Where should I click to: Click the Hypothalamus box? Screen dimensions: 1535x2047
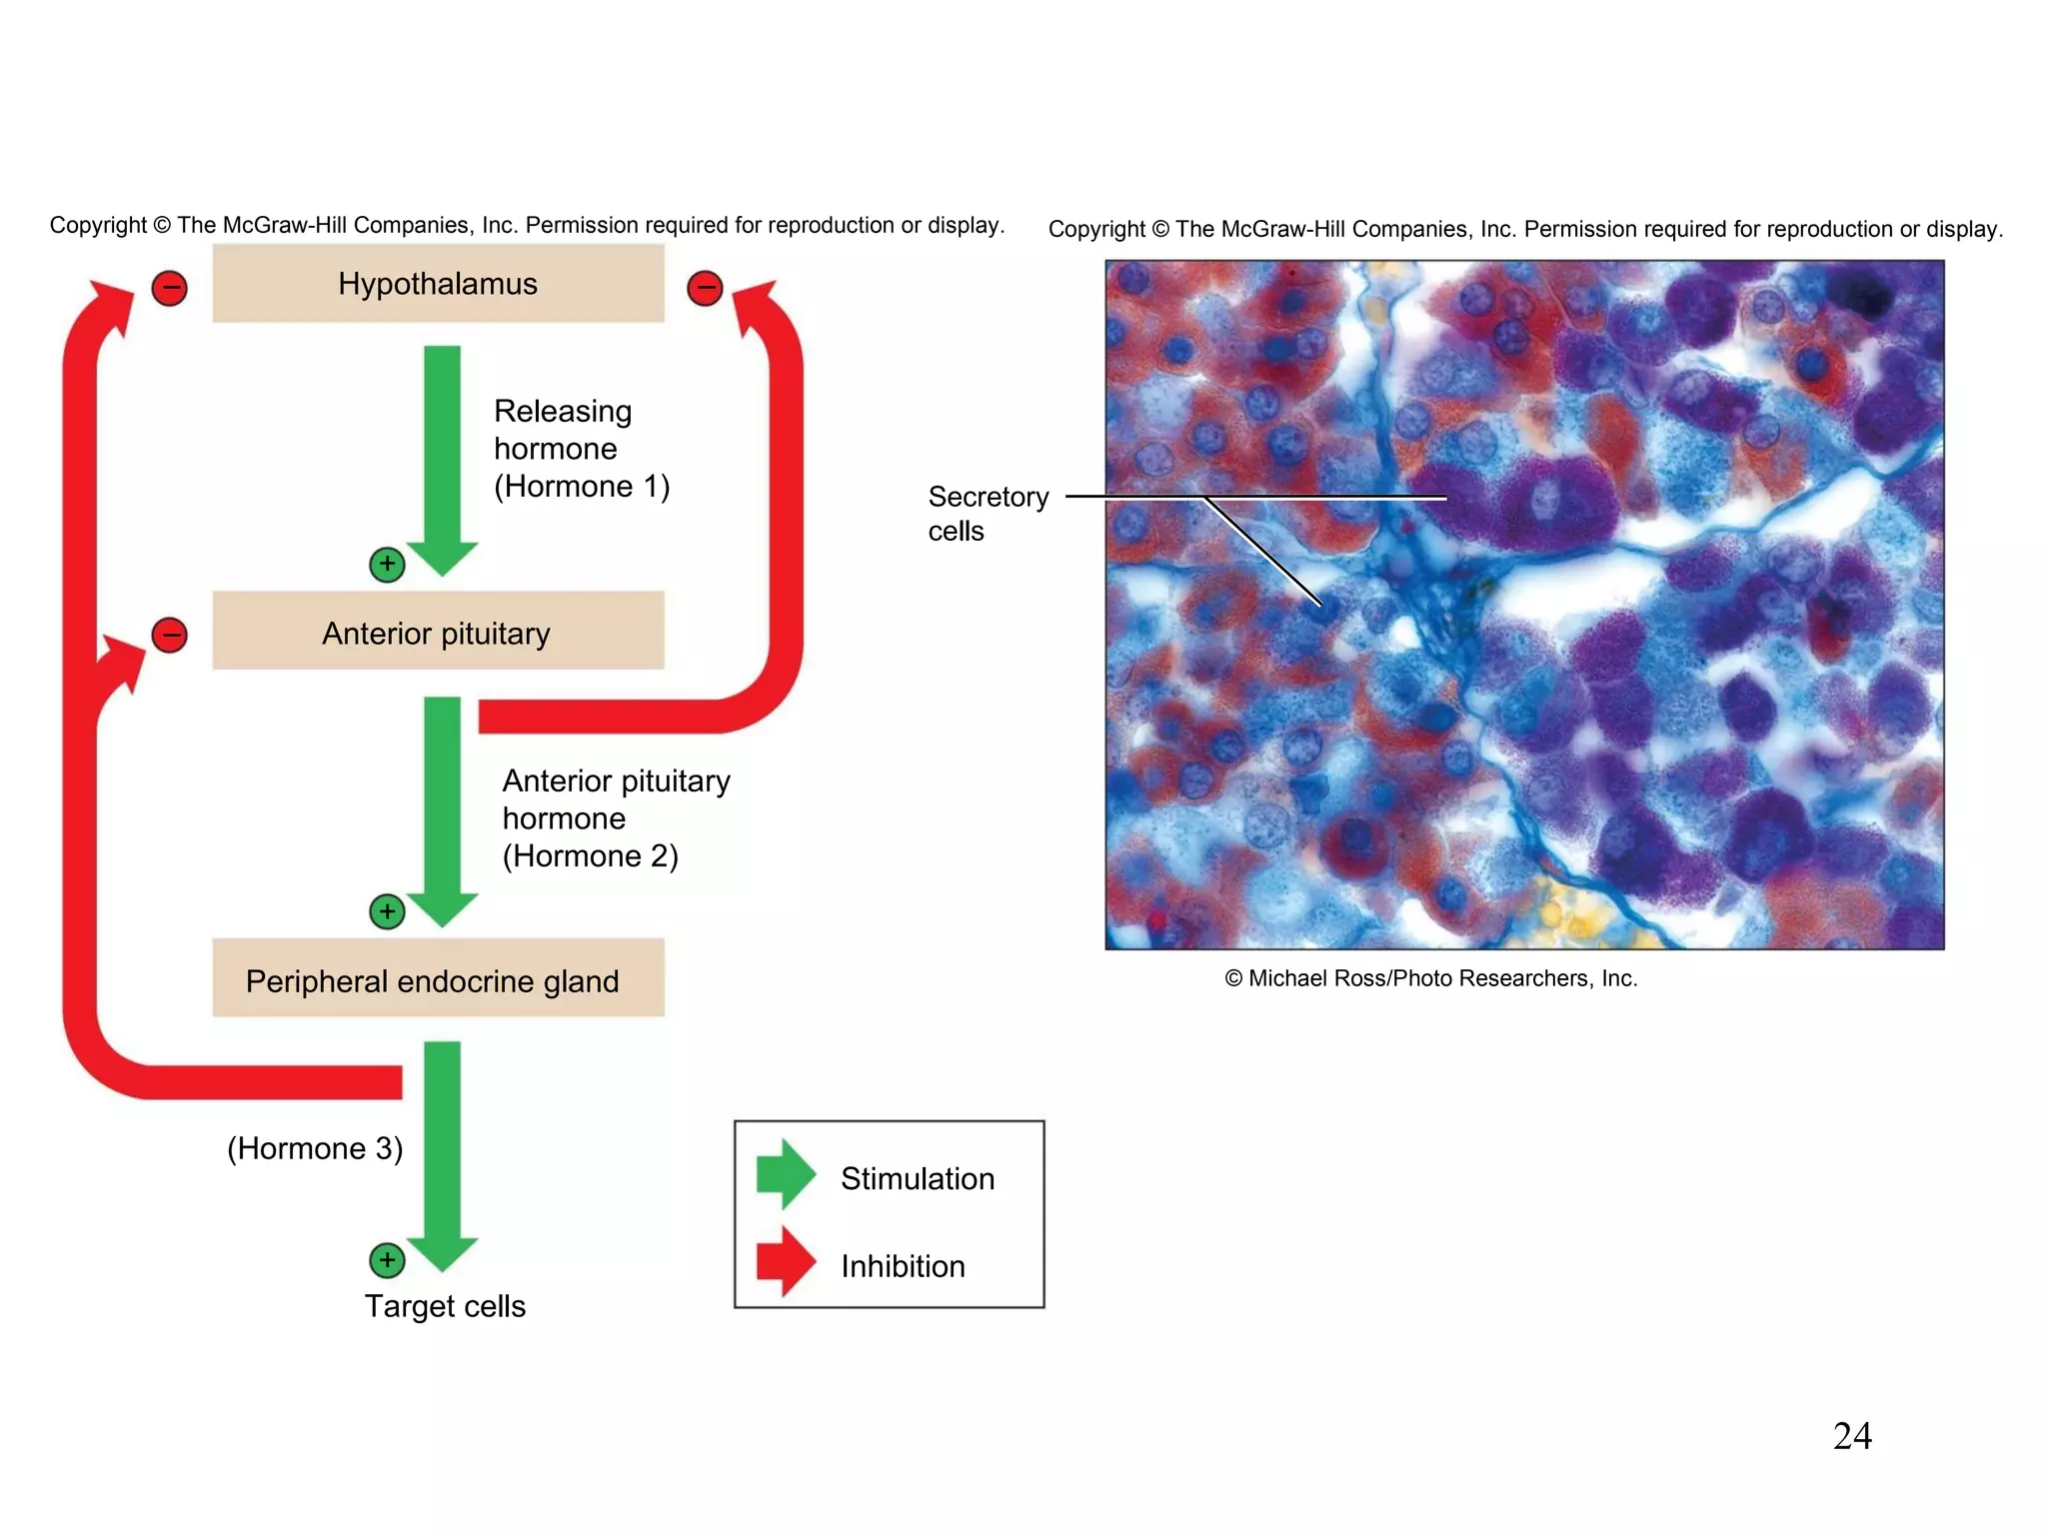pos(438,284)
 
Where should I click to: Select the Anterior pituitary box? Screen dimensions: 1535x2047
pos(438,633)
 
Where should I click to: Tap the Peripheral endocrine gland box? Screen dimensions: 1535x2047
pos(438,980)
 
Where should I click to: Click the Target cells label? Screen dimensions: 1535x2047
pos(445,1306)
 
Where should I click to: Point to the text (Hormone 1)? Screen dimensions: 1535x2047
pos(582,487)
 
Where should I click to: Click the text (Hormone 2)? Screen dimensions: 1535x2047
pos(590,856)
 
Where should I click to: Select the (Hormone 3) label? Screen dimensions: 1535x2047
pos(315,1148)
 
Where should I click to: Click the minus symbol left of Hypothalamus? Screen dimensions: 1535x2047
pos(170,289)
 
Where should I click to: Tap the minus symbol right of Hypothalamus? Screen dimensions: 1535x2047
pos(705,289)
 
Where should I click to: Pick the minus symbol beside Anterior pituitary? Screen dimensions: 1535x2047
pos(170,635)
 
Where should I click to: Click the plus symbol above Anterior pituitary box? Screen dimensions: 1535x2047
pos(387,565)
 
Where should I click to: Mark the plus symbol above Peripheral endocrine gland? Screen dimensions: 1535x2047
pos(387,911)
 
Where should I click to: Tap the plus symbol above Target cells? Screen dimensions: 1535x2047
pos(387,1260)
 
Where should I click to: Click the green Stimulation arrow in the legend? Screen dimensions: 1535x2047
pos(786,1174)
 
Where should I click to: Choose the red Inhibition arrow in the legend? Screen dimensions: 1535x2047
pos(786,1262)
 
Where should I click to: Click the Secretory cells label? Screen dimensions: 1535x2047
pos(987,513)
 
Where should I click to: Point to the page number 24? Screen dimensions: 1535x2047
pos(1851,1436)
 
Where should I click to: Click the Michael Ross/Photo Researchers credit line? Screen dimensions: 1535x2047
pos(1430,978)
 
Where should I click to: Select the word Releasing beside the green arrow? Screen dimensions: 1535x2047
pos(563,411)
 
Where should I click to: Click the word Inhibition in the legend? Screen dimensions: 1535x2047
pos(903,1266)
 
